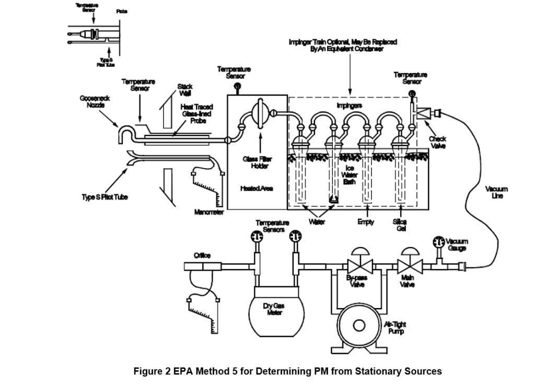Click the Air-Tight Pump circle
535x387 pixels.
[359, 325]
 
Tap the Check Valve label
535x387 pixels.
[437, 142]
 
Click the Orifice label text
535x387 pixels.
[202, 255]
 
